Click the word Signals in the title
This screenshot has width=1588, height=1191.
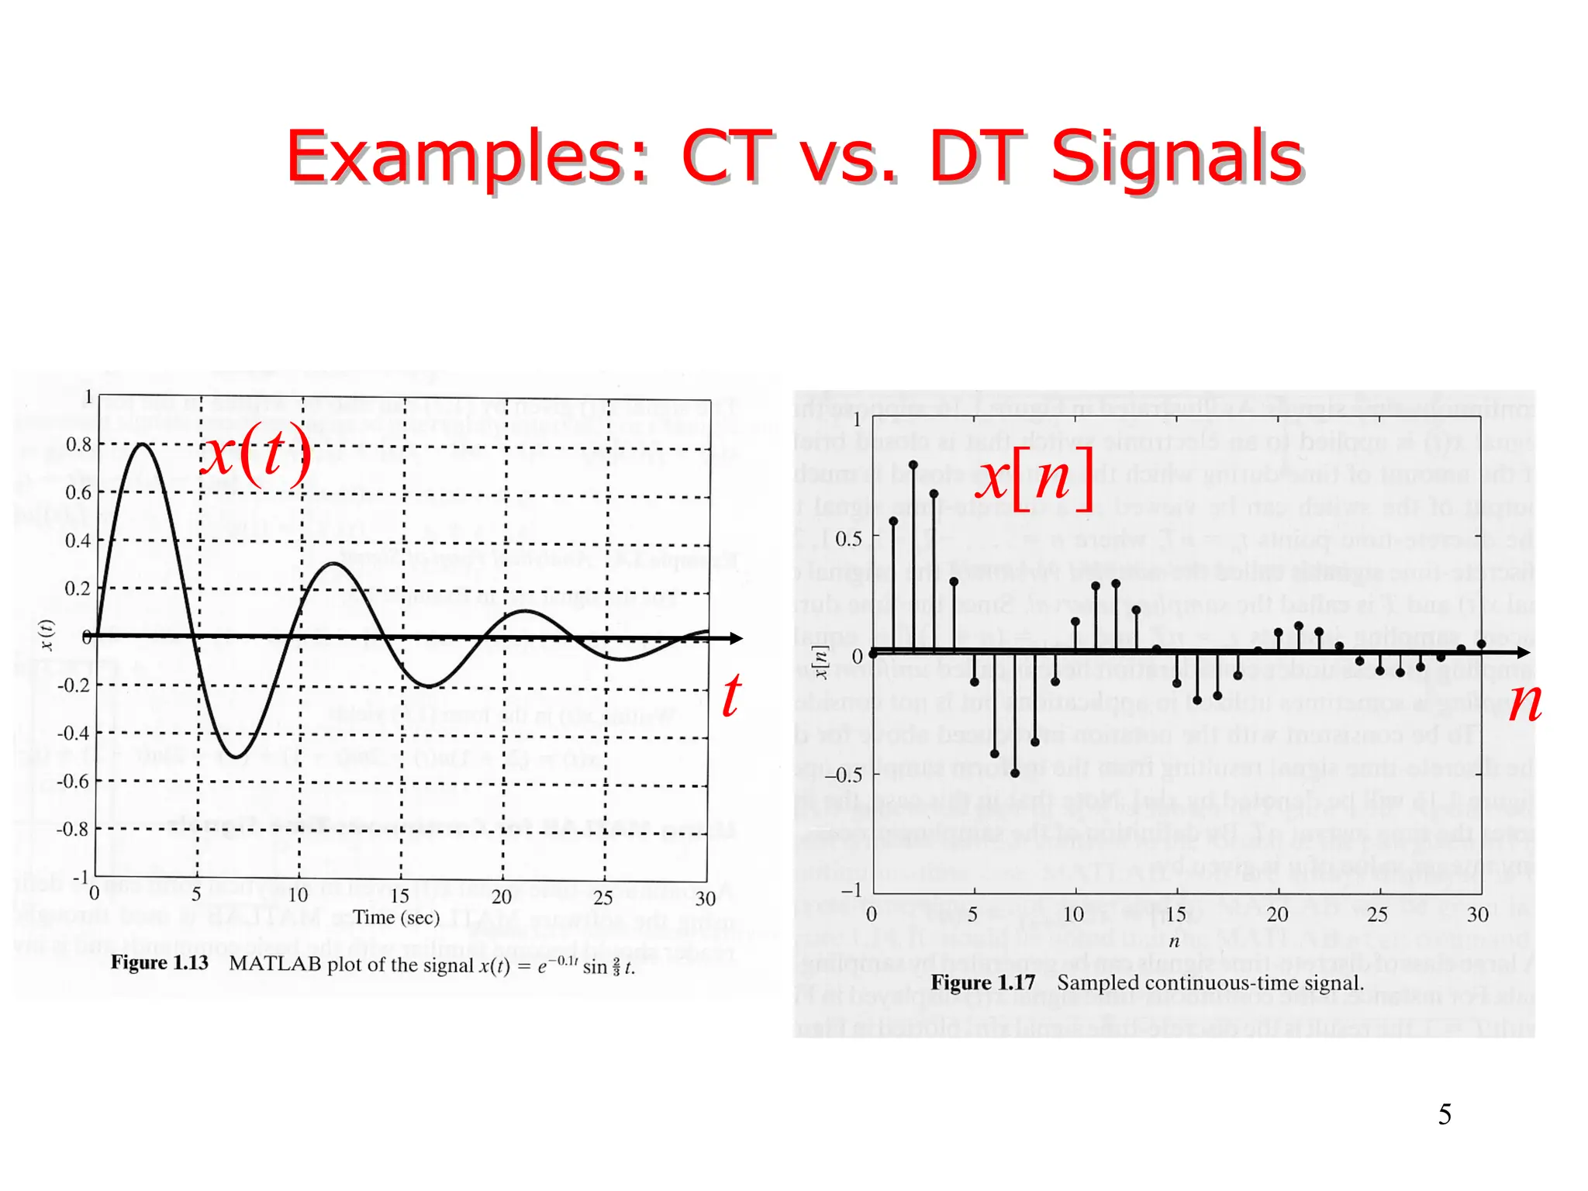[x=1176, y=157]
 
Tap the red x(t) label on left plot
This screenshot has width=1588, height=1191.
[x=256, y=455]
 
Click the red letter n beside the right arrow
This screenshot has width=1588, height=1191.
[x=1525, y=702]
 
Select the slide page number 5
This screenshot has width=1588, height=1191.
[x=1445, y=1114]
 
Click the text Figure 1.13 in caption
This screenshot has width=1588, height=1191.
[x=160, y=963]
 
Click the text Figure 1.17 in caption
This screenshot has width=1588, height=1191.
[x=983, y=982]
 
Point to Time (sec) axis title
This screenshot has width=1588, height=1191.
[x=396, y=917]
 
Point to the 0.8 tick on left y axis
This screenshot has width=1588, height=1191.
[x=78, y=445]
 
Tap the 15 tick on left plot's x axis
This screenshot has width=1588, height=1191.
[x=399, y=896]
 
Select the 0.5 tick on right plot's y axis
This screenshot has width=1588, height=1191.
[x=848, y=539]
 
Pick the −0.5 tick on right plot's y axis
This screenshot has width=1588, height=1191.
[x=843, y=775]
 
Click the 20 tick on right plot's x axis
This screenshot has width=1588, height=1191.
[x=1277, y=915]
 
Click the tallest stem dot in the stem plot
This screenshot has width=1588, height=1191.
[x=913, y=465]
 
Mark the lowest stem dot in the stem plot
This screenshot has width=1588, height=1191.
[x=1015, y=773]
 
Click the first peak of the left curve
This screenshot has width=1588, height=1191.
[x=142, y=444]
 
